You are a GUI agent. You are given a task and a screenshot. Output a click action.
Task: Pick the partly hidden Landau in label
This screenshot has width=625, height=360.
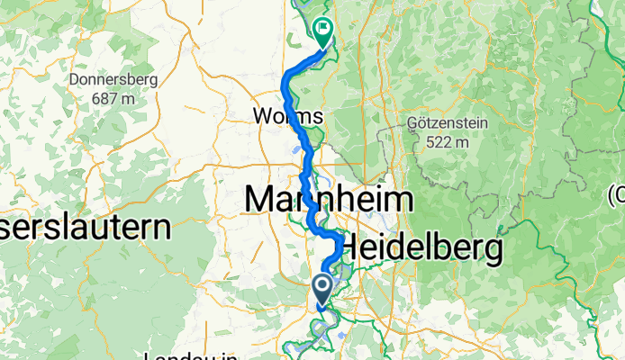(190, 355)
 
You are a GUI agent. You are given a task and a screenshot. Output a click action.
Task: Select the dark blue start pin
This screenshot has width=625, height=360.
(322, 291)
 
